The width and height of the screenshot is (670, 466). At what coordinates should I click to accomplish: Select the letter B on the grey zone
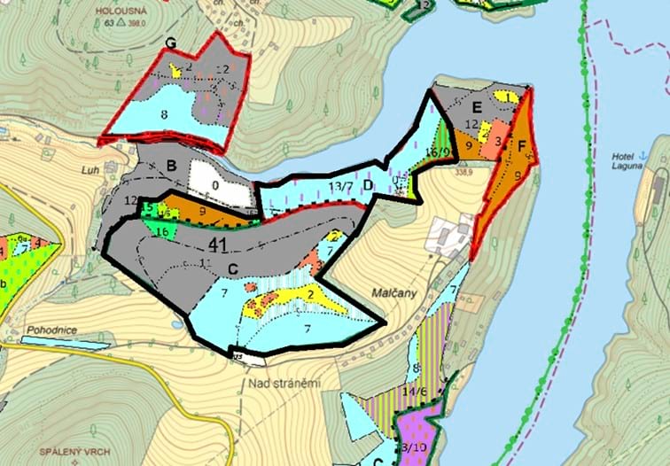[x=172, y=165]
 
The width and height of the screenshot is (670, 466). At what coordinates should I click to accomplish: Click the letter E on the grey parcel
[x=477, y=107]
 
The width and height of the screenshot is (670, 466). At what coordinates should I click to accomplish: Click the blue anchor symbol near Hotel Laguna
[x=645, y=156]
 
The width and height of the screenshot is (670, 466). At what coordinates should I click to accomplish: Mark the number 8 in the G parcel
[x=164, y=114]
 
